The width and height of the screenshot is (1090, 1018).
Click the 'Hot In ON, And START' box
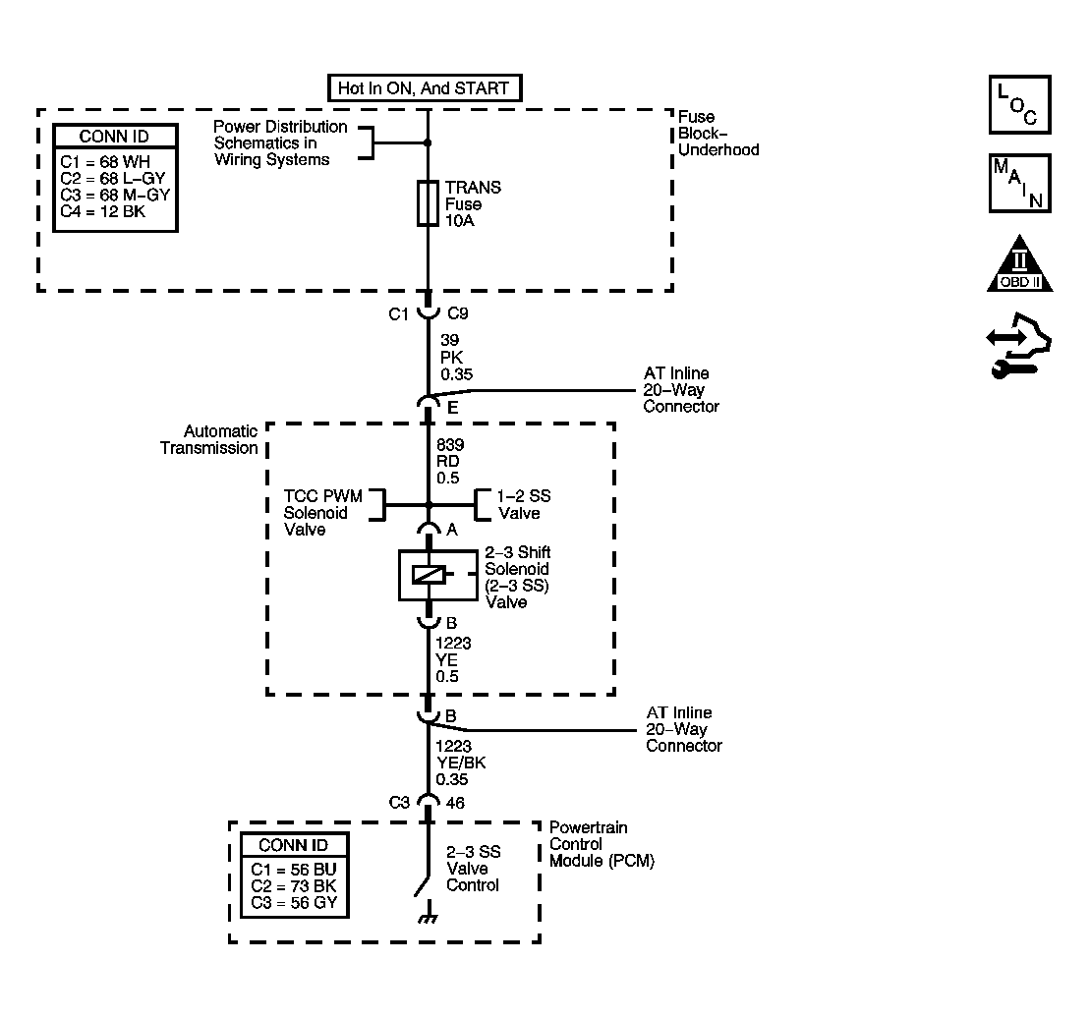tap(424, 88)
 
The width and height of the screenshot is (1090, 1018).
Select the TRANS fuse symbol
tap(428, 203)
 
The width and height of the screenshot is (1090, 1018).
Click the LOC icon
tap(1020, 104)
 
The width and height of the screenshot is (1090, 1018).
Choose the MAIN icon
tap(1020, 184)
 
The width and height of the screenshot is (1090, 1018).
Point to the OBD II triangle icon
tap(1020, 264)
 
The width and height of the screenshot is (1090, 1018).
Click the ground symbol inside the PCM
tap(429, 913)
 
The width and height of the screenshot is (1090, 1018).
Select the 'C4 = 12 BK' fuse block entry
tap(103, 212)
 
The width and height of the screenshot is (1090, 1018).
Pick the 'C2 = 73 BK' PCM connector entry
tap(293, 886)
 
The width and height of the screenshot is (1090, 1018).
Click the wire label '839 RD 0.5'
tap(450, 462)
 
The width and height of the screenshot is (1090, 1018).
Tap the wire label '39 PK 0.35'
tap(456, 357)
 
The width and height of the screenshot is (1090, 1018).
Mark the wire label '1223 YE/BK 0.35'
tap(460, 763)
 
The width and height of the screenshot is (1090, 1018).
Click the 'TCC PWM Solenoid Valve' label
tap(322, 513)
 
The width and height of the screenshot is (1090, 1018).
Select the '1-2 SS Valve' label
tap(524, 504)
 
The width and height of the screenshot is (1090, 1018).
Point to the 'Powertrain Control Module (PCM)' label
tap(602, 844)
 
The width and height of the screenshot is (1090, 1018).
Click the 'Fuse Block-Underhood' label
tap(718, 134)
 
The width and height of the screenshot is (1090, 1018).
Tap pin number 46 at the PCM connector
tap(455, 803)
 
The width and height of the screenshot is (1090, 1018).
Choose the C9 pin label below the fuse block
tap(458, 314)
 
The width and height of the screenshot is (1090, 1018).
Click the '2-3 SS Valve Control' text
tap(474, 869)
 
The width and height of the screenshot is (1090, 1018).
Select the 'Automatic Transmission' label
tap(209, 440)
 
